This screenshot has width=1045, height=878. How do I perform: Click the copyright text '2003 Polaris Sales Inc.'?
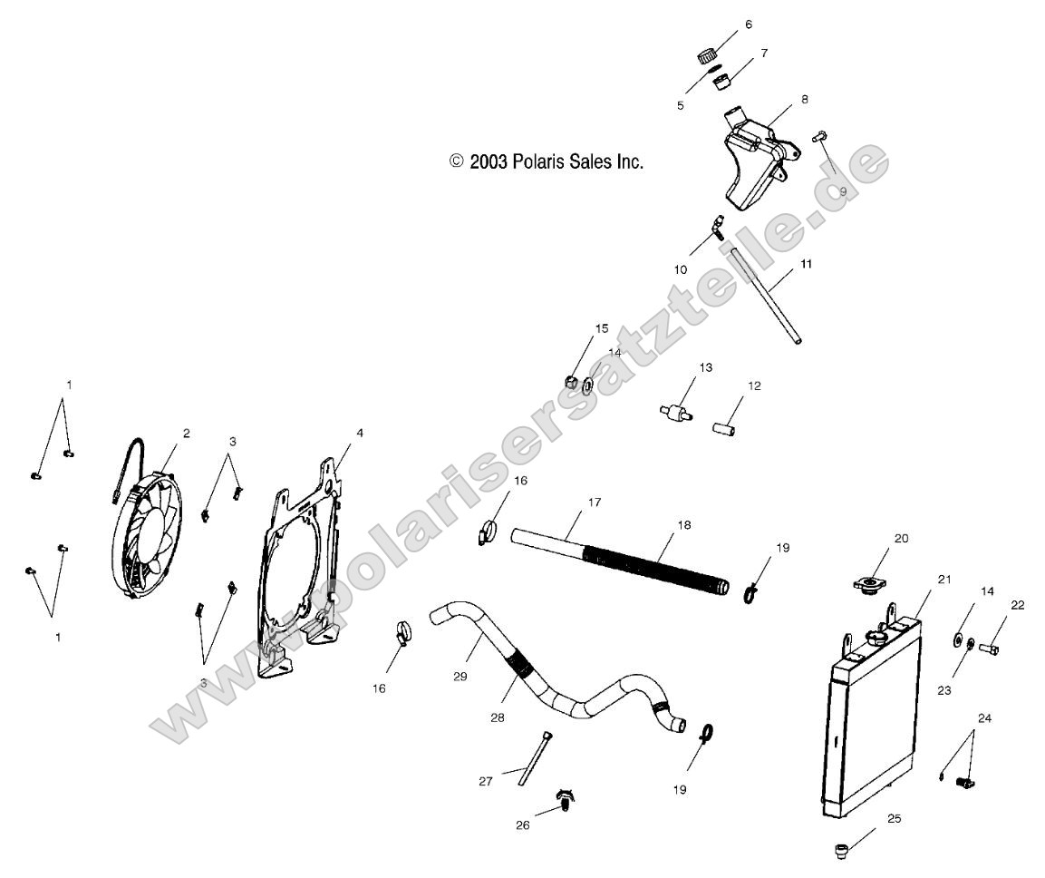coord(547,161)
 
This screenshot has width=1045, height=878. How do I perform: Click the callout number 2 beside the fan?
coord(186,434)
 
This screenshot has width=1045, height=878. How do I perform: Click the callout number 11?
coord(806,264)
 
